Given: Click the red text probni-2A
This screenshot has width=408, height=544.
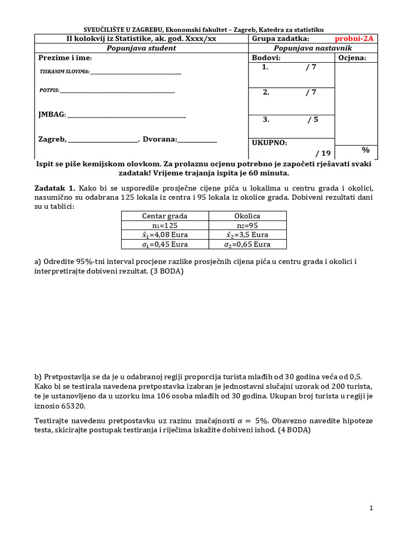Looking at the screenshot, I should (x=354, y=39).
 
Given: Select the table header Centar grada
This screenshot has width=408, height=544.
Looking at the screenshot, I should (x=165, y=216).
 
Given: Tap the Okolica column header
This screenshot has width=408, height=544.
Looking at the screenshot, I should (x=247, y=216).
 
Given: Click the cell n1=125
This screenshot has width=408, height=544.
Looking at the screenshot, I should (x=165, y=225).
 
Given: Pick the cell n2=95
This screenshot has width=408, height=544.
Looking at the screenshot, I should (x=247, y=225).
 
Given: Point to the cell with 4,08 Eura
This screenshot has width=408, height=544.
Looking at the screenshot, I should (x=165, y=235).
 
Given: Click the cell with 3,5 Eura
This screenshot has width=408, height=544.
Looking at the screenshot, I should (x=247, y=235).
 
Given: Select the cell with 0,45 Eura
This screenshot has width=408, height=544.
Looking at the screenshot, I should (x=165, y=244).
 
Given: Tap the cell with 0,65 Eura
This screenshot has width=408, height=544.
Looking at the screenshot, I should (x=247, y=244).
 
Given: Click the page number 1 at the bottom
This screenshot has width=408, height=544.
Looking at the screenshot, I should (x=371, y=508).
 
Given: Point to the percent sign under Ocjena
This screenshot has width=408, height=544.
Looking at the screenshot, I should (x=365, y=150).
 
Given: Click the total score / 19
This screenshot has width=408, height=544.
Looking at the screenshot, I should (x=322, y=153).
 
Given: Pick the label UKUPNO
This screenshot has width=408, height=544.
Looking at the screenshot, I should (x=269, y=142).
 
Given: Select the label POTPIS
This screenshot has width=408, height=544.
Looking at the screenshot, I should (x=49, y=90).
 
